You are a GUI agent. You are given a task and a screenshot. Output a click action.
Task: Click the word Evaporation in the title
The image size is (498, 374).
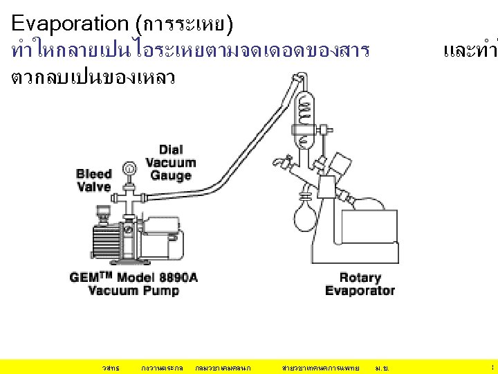coord(70,24)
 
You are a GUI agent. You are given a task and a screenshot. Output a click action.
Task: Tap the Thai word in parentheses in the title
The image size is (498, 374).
coord(185,25)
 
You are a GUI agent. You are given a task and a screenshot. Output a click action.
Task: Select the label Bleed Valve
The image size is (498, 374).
coord(94,180)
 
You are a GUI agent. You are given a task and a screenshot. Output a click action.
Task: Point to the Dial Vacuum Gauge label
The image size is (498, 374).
coord(171,163)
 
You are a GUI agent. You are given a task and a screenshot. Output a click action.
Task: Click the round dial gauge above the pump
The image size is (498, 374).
coord(129,168)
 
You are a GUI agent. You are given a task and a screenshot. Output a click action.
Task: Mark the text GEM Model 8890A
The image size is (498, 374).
coord(133,277)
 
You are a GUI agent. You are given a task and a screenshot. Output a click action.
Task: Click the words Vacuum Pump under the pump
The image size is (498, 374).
coord(133,291)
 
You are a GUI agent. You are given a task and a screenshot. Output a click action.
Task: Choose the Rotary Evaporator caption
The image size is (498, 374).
coord(360,284)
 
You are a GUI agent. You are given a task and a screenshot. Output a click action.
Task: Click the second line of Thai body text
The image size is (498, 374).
coord(93,77)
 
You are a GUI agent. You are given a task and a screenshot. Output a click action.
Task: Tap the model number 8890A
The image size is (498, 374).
coord(178,277)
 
